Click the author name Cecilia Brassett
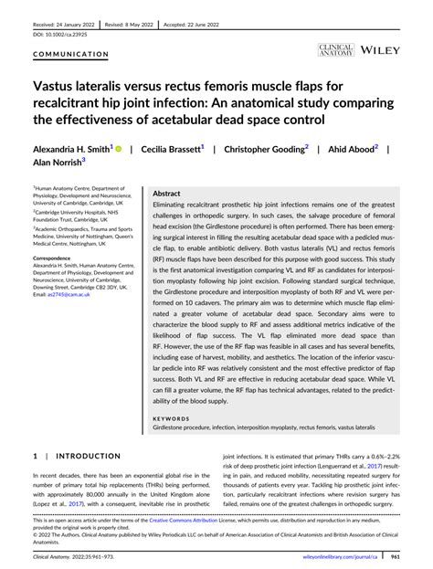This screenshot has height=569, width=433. pos(173,146)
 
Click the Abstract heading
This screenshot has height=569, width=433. pos(167,195)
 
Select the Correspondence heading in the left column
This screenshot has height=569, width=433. pos(53,258)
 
